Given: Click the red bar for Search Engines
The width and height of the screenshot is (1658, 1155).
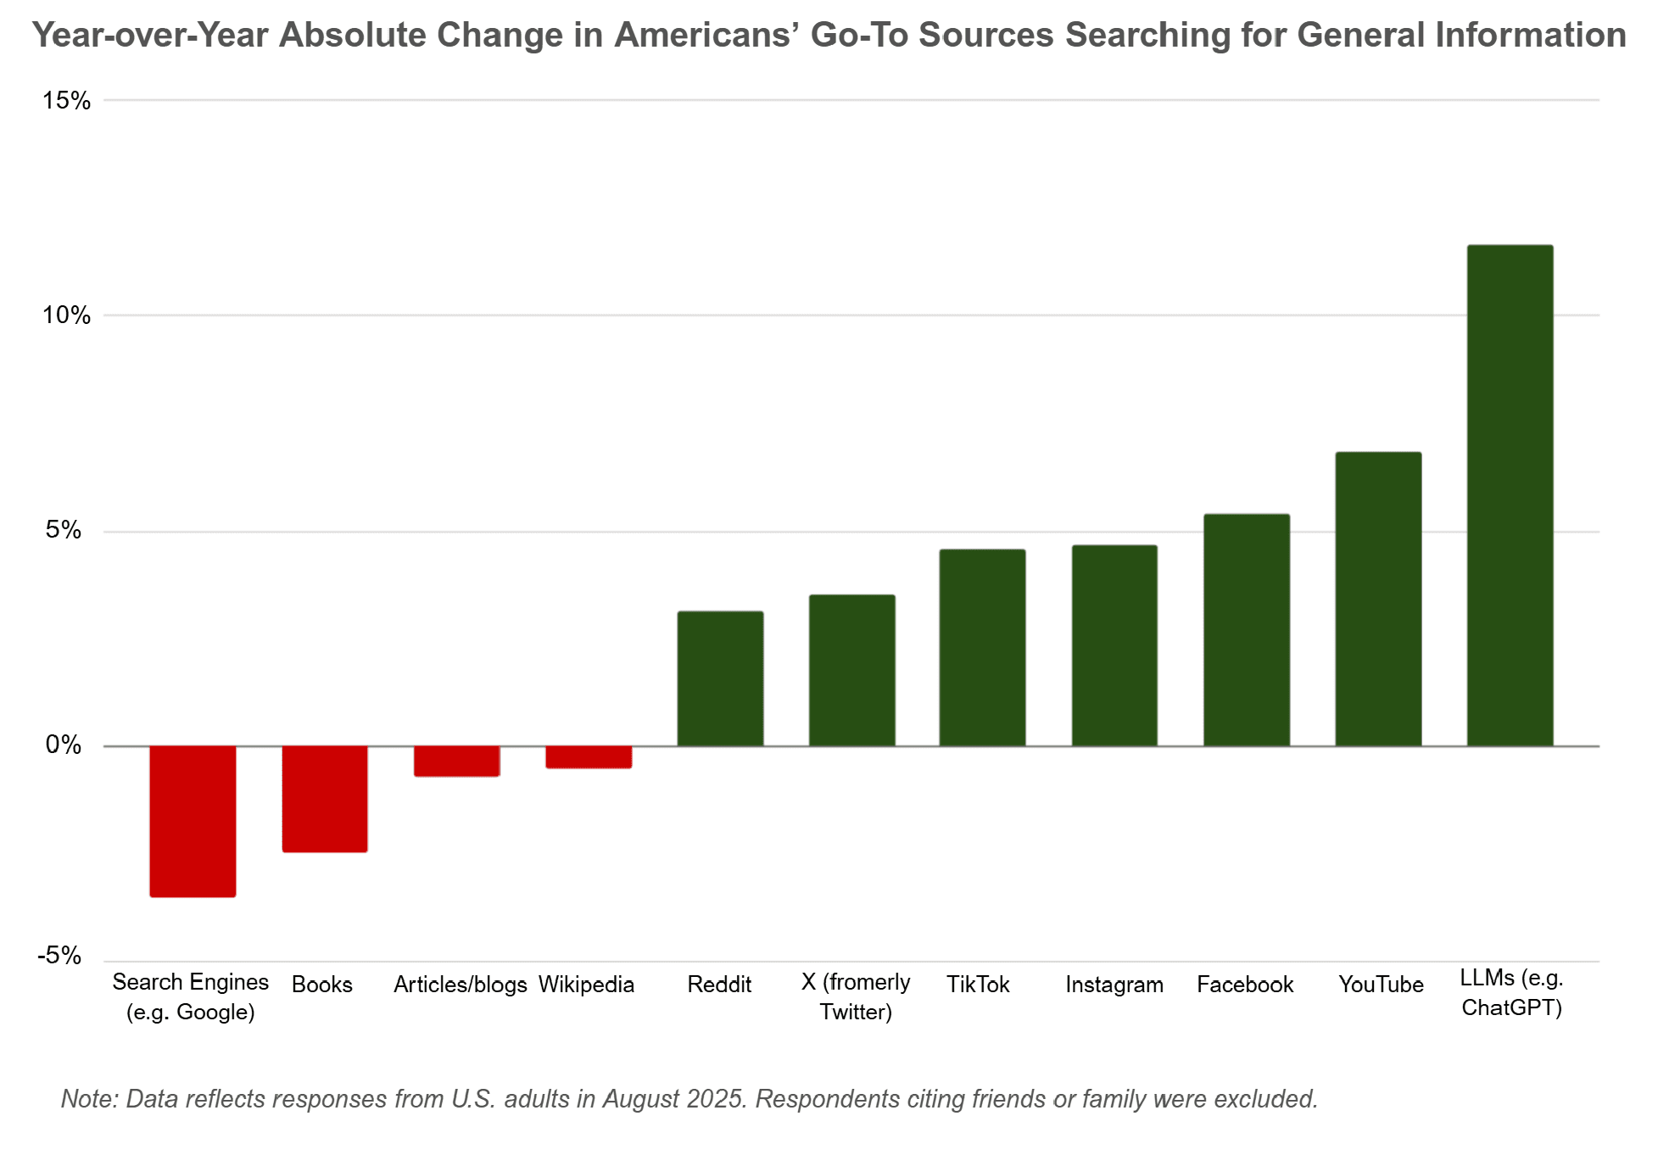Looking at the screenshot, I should (x=193, y=821).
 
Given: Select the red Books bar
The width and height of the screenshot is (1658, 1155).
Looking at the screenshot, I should (x=325, y=799).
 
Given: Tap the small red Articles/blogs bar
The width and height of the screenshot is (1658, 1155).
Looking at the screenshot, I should (x=456, y=761).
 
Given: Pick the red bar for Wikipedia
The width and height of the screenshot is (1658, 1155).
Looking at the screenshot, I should (x=589, y=757).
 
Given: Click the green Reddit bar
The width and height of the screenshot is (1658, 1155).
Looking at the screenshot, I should (x=720, y=678).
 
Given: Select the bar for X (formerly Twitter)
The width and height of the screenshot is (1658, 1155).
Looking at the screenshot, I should (x=851, y=670).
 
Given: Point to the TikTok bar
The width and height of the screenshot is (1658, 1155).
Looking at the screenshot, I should (x=982, y=648).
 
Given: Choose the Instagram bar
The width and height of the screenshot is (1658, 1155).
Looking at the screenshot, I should (x=1114, y=645).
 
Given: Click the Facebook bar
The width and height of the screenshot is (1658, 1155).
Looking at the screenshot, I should (x=1247, y=630).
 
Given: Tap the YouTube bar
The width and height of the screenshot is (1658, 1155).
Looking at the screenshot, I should (x=1378, y=599).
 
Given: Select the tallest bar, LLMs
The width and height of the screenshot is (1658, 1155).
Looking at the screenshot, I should (x=1510, y=495).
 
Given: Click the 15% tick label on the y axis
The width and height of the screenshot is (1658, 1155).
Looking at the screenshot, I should (x=67, y=101).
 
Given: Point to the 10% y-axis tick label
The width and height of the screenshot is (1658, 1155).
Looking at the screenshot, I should (x=67, y=315).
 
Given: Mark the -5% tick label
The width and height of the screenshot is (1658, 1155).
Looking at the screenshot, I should (x=59, y=956).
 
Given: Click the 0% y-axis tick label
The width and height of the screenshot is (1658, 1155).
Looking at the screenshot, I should (x=64, y=745).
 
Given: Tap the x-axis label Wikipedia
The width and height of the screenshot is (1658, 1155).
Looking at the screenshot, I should (x=586, y=985).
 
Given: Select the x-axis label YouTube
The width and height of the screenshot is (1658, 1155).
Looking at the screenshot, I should (x=1381, y=985).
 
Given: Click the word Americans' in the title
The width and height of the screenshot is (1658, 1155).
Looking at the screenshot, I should (x=707, y=36).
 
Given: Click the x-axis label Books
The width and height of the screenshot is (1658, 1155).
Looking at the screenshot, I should (x=322, y=985).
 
